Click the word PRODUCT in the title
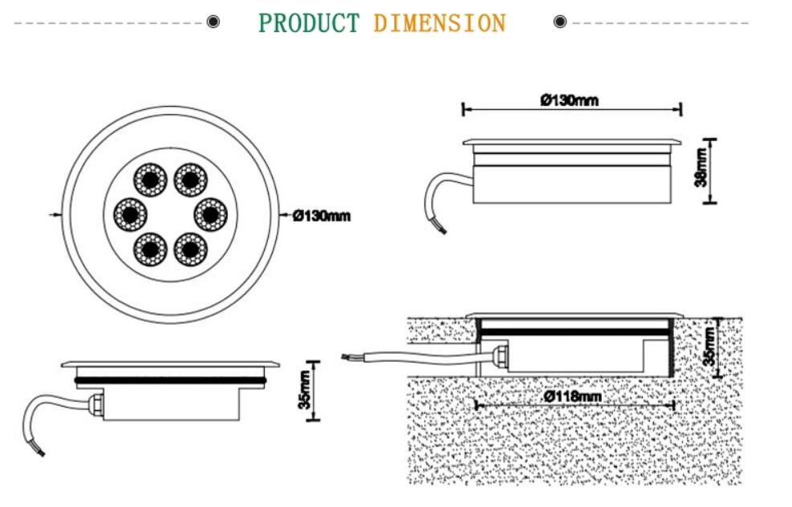(x=309, y=22)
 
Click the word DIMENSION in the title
(x=439, y=22)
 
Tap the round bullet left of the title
(x=213, y=22)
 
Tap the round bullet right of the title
(x=560, y=22)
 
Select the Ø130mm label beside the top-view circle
(x=322, y=216)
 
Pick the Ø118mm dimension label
(x=571, y=396)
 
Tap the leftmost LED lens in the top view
(x=129, y=213)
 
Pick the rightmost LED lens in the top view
(x=210, y=213)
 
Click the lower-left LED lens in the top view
(x=149, y=249)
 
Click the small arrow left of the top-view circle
(x=55, y=214)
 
